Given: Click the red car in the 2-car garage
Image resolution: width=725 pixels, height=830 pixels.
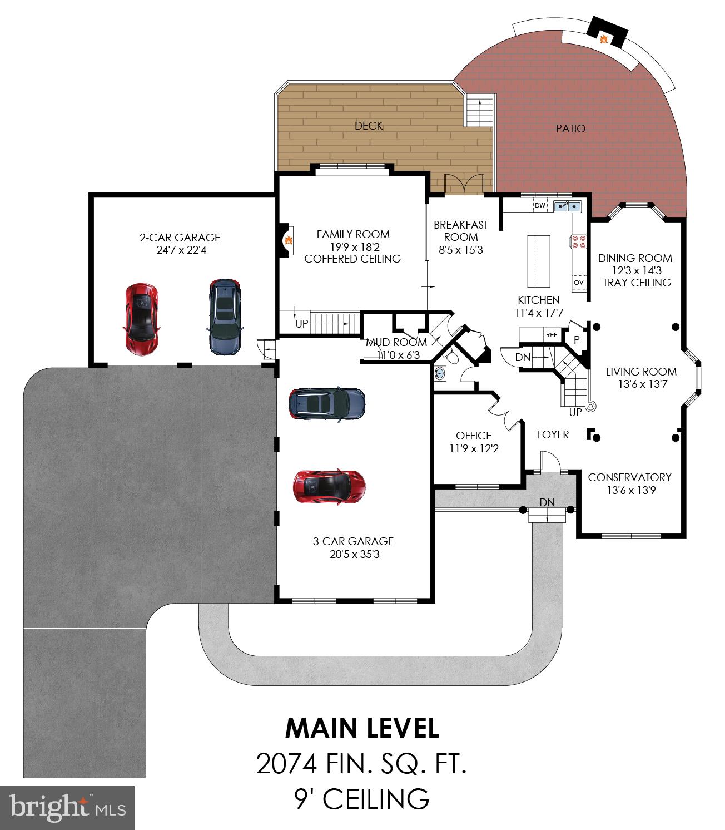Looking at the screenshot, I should (x=141, y=318).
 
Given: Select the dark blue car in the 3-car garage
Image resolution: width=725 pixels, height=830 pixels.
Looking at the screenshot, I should (x=326, y=403).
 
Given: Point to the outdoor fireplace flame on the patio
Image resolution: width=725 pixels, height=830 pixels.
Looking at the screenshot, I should (x=603, y=39).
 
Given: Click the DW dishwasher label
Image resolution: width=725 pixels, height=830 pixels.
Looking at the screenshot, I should (x=539, y=206).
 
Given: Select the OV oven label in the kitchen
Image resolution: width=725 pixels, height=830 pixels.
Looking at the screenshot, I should (x=579, y=283).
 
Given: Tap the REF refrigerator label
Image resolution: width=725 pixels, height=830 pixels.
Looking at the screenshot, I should (x=551, y=335).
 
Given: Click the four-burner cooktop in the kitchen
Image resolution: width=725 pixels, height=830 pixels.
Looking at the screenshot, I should (x=578, y=241).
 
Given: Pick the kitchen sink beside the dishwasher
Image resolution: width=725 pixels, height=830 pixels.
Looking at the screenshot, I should (x=567, y=207).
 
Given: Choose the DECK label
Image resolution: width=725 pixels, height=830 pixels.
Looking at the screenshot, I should (x=369, y=126).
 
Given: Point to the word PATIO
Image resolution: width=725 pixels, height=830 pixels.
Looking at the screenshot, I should (x=570, y=129).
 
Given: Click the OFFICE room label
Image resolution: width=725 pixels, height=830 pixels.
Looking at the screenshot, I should (x=474, y=436).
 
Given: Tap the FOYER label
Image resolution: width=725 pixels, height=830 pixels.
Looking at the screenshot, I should (x=553, y=434).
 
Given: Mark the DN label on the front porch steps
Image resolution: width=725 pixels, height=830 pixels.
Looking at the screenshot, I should (x=547, y=502).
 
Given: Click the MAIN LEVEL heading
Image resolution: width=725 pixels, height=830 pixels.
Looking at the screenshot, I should (x=362, y=728).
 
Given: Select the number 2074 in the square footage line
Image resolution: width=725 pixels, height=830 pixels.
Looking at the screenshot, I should (x=287, y=764).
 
